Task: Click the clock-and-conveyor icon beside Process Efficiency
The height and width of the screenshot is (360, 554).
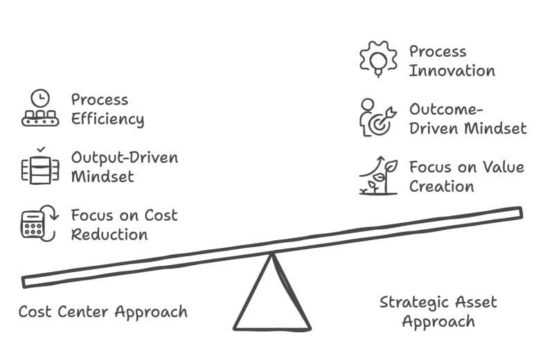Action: [x=39, y=109]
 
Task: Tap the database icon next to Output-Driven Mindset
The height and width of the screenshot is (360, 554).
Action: [x=39, y=167]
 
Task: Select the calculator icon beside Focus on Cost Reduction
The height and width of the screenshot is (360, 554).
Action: [x=38, y=224]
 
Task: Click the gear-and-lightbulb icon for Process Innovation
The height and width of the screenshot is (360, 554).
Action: [x=378, y=60]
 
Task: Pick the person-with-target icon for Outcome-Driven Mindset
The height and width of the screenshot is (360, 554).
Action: [x=378, y=118]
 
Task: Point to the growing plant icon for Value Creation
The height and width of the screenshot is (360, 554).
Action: [x=379, y=177]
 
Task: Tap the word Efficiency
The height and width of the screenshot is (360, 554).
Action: [x=107, y=119]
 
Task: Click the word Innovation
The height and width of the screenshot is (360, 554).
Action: [x=452, y=71]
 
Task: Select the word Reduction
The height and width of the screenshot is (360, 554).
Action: [x=109, y=234]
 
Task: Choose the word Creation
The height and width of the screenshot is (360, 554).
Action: [x=441, y=186]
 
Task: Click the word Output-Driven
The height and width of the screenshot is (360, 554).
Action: [x=125, y=157]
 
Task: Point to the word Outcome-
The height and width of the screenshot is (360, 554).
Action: [x=445, y=109]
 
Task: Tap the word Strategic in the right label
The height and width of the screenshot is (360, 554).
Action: [x=413, y=303]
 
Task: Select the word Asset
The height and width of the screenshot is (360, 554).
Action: [x=476, y=303]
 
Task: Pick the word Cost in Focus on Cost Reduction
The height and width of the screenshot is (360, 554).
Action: [x=161, y=215]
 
